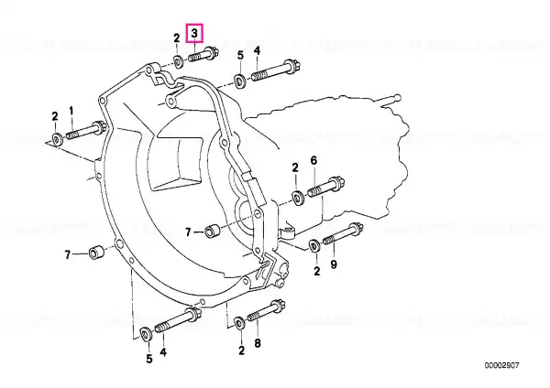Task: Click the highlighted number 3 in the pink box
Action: (x=194, y=33)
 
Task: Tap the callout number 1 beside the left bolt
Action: (x=71, y=112)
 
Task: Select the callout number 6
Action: (x=313, y=161)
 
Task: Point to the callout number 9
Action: (x=334, y=264)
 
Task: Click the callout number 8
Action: (x=258, y=343)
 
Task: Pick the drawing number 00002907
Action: (x=501, y=366)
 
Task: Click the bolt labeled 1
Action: (x=86, y=130)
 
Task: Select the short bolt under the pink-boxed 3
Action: (x=203, y=55)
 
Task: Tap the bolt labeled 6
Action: (x=326, y=187)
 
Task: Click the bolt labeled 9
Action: (x=343, y=233)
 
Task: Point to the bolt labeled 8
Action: (x=266, y=311)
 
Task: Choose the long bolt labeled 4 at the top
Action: (x=276, y=70)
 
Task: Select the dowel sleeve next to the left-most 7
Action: (x=95, y=253)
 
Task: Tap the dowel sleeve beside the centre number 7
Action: (x=213, y=232)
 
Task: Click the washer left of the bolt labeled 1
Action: (x=57, y=139)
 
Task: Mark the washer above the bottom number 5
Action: (x=146, y=333)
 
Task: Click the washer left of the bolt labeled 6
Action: (x=298, y=199)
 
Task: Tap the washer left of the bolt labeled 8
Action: (x=240, y=323)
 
